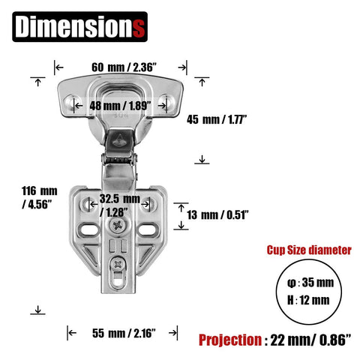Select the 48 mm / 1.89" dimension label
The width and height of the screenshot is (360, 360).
click(x=119, y=104)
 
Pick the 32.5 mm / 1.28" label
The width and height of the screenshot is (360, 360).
click(x=120, y=205)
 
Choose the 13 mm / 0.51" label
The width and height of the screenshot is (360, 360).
click(x=217, y=214)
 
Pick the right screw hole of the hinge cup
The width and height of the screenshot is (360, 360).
click(x=168, y=100)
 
